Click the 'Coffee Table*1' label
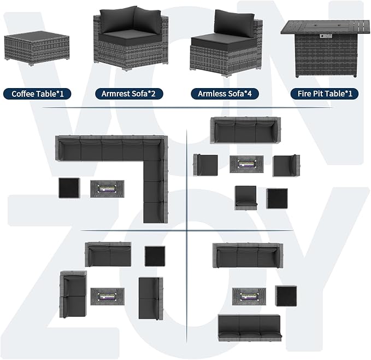[x=37, y=94]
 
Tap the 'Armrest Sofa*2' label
[x=129, y=94]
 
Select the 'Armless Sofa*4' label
[x=225, y=94]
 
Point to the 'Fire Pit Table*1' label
[x=325, y=94]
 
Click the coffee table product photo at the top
[x=37, y=48]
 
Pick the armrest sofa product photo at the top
[x=131, y=38]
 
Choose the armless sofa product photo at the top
[x=226, y=43]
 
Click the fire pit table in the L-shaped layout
[x=107, y=189]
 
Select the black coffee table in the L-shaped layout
[x=69, y=188]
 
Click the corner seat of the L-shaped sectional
[x=155, y=148]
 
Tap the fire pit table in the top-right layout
[x=247, y=164]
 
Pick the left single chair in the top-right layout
[x=205, y=165]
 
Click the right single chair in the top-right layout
[x=286, y=166]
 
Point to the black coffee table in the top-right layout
[x=277, y=199]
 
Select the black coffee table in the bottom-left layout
[x=155, y=256]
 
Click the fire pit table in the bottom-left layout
[x=108, y=297]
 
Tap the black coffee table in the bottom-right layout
[x=286, y=296]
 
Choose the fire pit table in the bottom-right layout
[x=249, y=297]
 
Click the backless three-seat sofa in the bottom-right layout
[x=250, y=328]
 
